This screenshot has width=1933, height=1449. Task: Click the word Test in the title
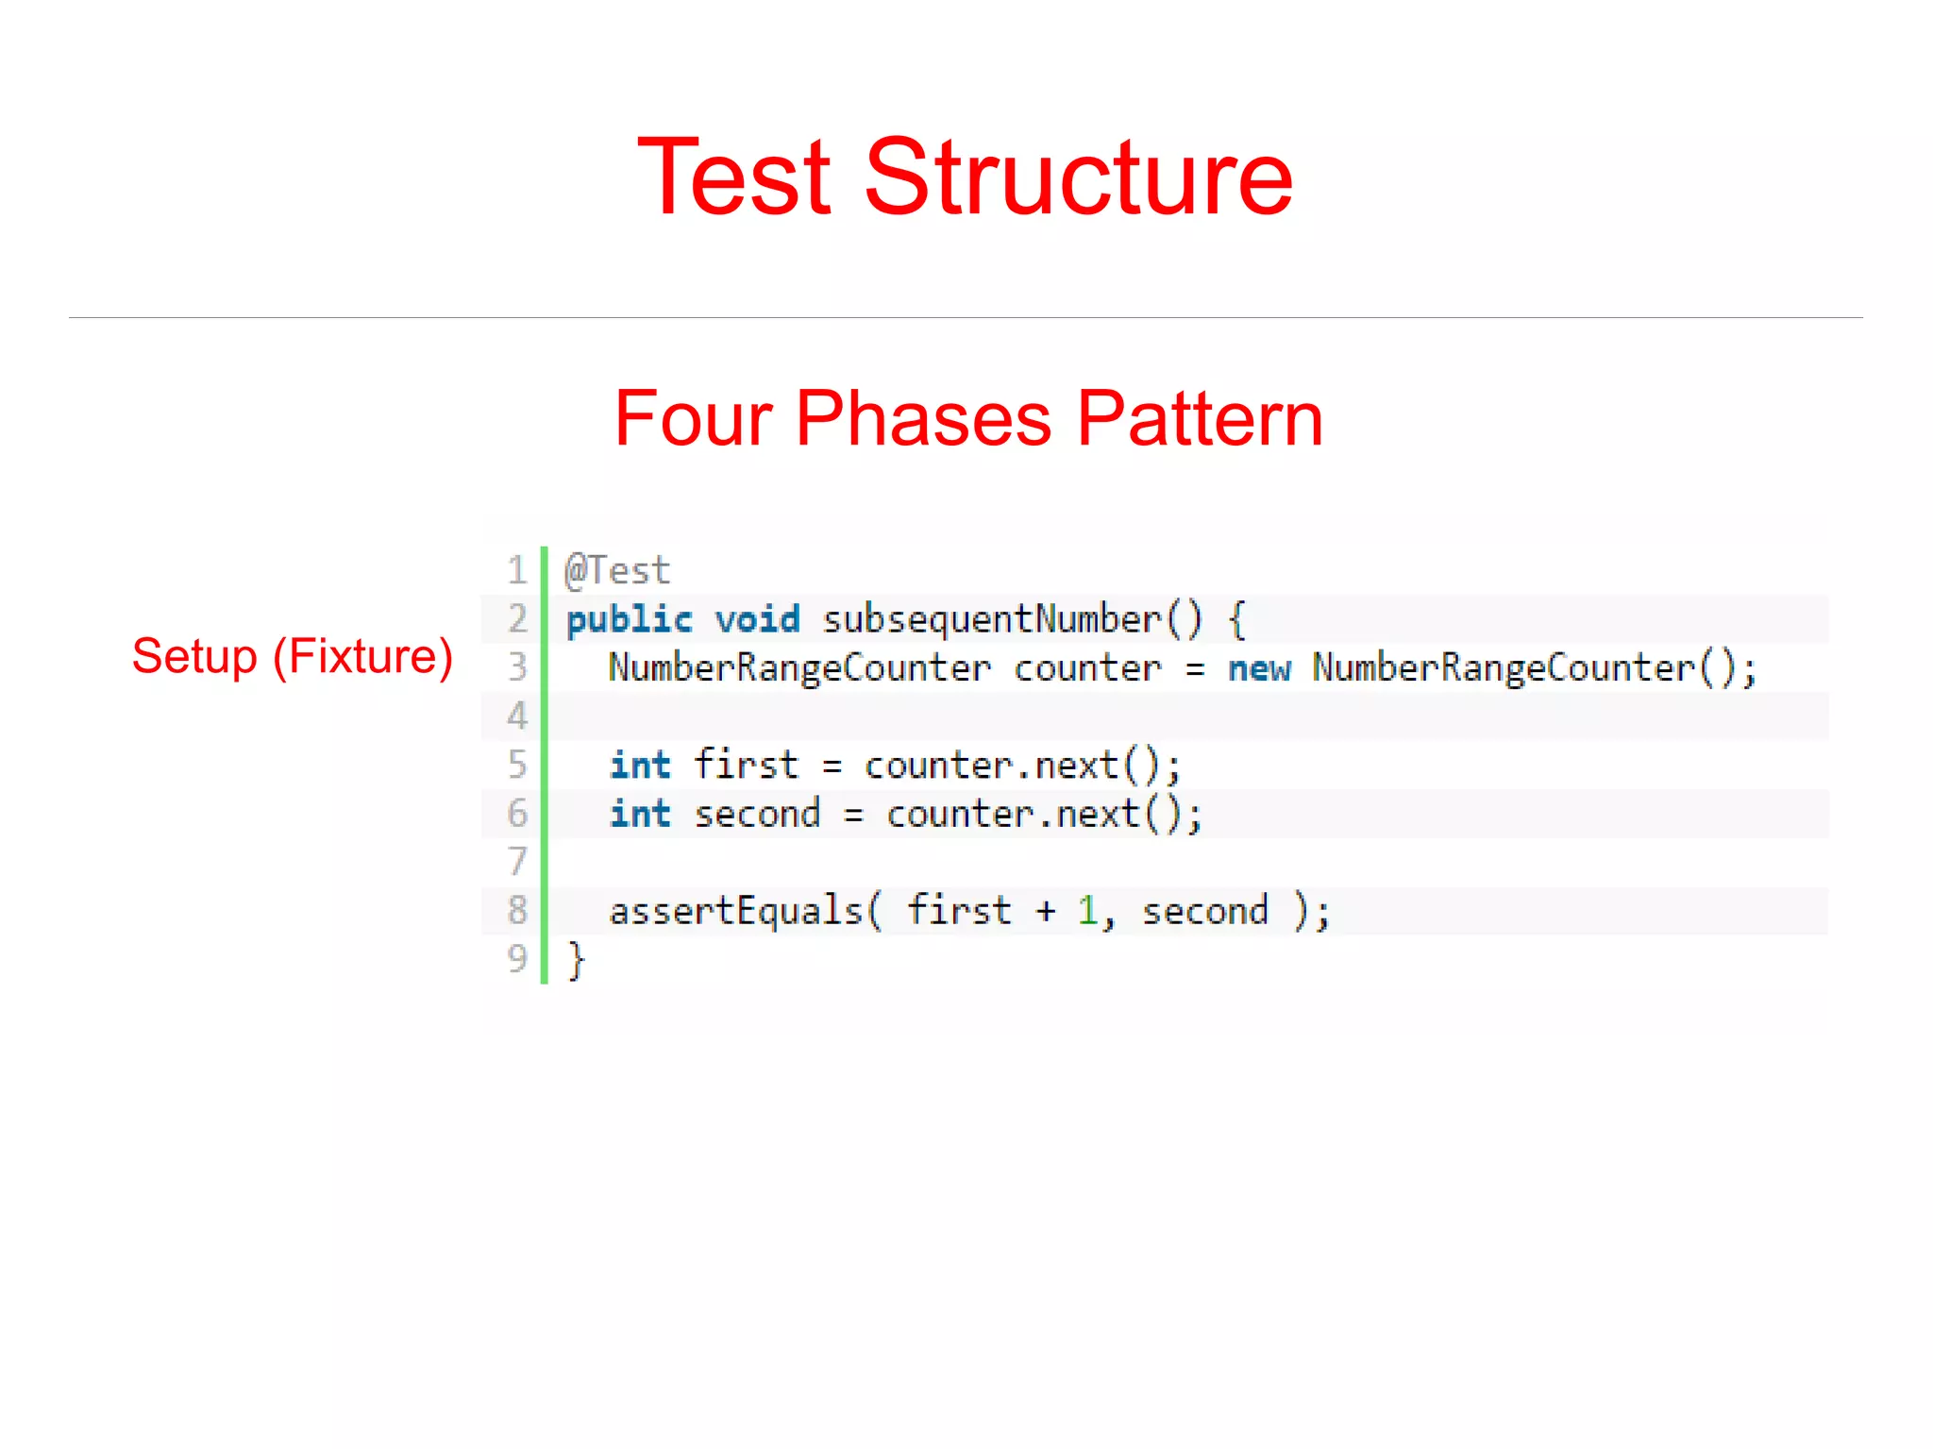pyautogui.click(x=734, y=177)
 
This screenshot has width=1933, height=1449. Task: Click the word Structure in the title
pyautogui.click(x=1078, y=177)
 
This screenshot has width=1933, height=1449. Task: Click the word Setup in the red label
pyautogui.click(x=194, y=657)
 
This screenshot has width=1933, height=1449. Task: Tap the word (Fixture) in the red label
pyautogui.click(x=362, y=657)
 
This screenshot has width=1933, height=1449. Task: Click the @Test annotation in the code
pyautogui.click(x=617, y=571)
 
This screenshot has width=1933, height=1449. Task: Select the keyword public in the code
pyautogui.click(x=629, y=620)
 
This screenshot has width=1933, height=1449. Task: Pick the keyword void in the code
pyautogui.click(x=757, y=620)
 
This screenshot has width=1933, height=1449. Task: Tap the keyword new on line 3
pyautogui.click(x=1259, y=668)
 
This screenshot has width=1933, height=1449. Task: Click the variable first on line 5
pyautogui.click(x=746, y=765)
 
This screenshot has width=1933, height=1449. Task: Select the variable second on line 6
pyautogui.click(x=757, y=814)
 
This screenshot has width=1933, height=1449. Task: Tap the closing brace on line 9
pyautogui.click(x=576, y=960)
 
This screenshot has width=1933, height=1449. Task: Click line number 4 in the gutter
pyautogui.click(x=516, y=716)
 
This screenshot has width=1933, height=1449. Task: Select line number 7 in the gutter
pyautogui.click(x=516, y=862)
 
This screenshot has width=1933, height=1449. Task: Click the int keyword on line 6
pyautogui.click(x=640, y=814)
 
